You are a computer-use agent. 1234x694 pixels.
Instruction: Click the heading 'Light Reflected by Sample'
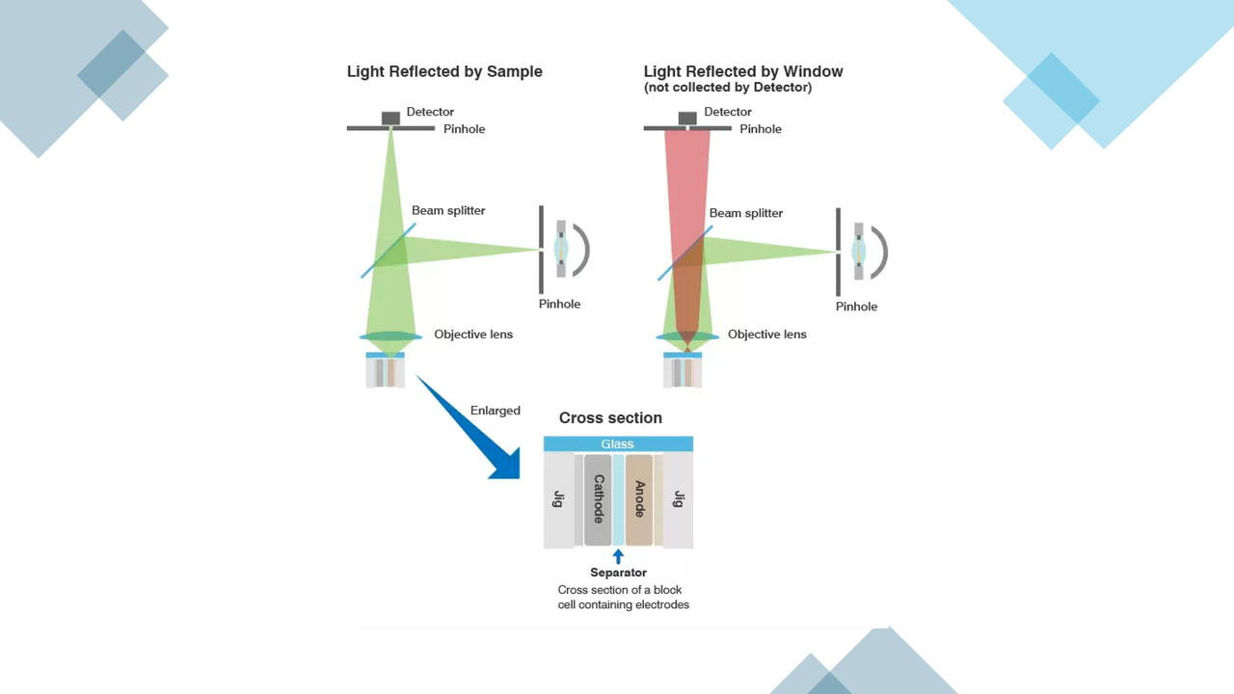click(x=444, y=71)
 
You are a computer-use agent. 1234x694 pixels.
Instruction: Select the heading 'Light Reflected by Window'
click(x=743, y=71)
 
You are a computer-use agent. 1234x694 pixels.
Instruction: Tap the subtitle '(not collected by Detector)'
click(x=728, y=88)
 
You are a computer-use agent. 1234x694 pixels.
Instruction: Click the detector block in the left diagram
click(x=390, y=119)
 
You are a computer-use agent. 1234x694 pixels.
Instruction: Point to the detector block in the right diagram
click(x=687, y=119)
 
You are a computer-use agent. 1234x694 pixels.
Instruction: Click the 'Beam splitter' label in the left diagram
click(x=448, y=210)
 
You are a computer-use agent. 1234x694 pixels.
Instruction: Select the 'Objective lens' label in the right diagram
click(x=767, y=334)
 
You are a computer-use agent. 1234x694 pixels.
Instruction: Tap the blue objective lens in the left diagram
click(x=390, y=336)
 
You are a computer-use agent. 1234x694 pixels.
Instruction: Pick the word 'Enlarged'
click(x=496, y=411)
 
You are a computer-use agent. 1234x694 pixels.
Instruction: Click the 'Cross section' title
click(x=610, y=418)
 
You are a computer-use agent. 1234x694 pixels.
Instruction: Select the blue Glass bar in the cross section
click(x=618, y=444)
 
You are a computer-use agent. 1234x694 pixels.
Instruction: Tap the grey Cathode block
click(x=598, y=499)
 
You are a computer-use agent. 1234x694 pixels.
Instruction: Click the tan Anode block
click(x=639, y=499)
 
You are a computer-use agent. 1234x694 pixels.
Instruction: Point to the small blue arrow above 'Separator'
click(x=618, y=556)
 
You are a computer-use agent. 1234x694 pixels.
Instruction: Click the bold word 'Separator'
click(x=618, y=573)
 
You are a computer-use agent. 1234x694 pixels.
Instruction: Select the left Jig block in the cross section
click(x=558, y=499)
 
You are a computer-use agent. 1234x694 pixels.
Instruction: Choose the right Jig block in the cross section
click(x=679, y=499)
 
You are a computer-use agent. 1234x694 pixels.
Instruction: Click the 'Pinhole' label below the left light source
click(x=559, y=304)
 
